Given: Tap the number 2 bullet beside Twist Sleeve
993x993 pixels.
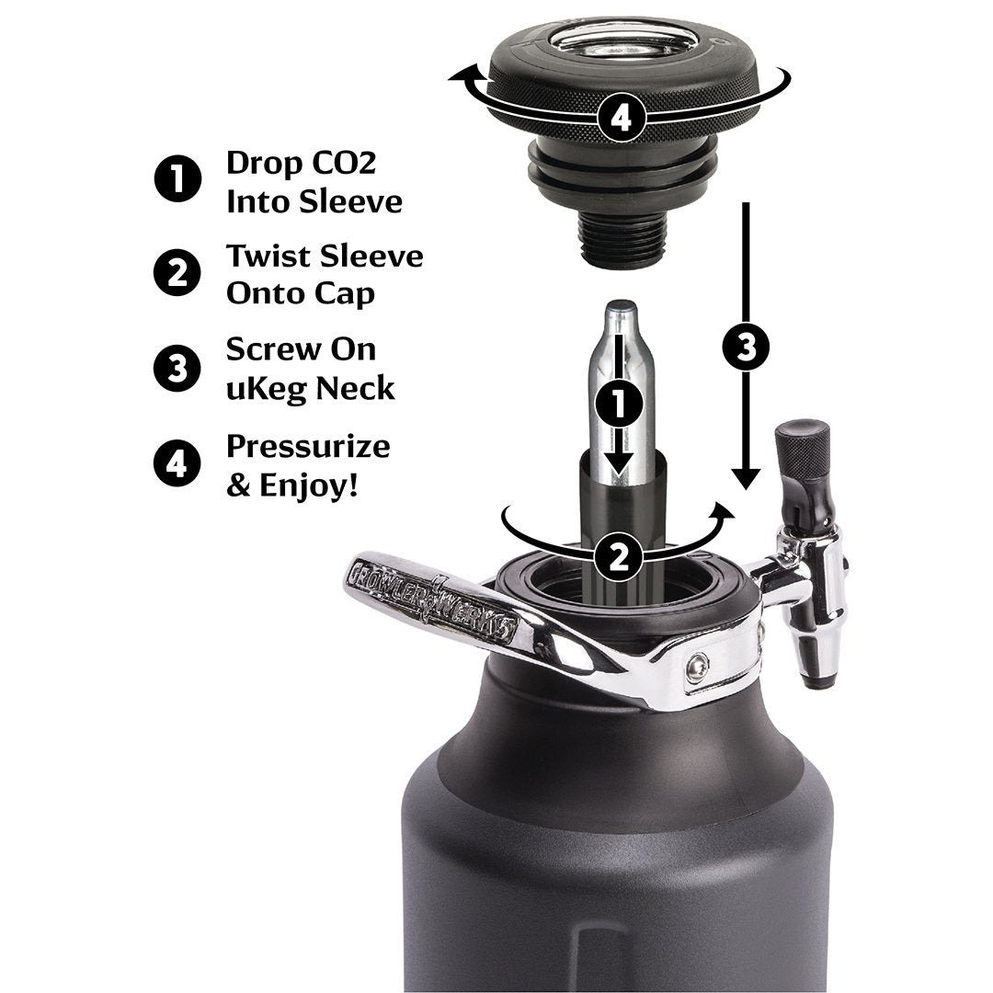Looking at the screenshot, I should pyautogui.click(x=177, y=273).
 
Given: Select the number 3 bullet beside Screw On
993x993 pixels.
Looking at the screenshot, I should pyautogui.click(x=177, y=368).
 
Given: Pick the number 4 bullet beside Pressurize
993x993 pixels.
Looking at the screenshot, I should pyautogui.click(x=177, y=462).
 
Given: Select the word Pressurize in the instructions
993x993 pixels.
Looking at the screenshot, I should pyautogui.click(x=308, y=447).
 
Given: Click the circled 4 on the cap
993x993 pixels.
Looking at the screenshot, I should pyautogui.click(x=622, y=118).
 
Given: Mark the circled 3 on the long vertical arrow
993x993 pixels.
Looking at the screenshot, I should pyautogui.click(x=748, y=347).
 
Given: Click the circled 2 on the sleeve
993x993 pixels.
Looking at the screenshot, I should pyautogui.click(x=619, y=555).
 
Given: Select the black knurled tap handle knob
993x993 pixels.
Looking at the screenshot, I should pyautogui.click(x=802, y=451).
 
